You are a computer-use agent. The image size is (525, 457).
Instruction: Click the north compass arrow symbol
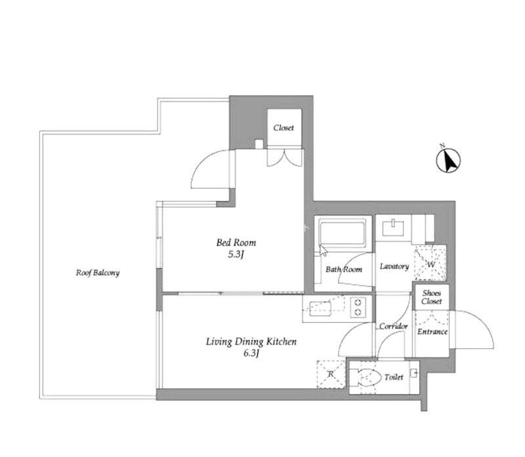click(448, 159)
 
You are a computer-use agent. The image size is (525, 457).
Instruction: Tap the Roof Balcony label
click(97, 273)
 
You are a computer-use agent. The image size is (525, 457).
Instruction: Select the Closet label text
click(283, 127)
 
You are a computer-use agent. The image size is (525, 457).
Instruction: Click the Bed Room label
click(236, 242)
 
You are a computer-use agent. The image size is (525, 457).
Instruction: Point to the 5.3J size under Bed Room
click(236, 254)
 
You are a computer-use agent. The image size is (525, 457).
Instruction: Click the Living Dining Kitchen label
click(251, 342)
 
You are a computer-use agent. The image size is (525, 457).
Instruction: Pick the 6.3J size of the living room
click(251, 353)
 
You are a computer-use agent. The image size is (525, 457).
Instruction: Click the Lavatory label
click(394, 266)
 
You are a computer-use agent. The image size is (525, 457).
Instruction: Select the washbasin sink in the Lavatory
click(393, 228)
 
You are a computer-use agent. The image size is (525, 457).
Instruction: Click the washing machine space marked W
click(430, 263)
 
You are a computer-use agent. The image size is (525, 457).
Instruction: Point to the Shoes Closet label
click(432, 297)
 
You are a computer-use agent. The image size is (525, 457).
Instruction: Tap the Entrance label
click(432, 332)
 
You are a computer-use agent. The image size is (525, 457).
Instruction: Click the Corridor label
click(393, 326)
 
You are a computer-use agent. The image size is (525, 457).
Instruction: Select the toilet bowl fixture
click(366, 378)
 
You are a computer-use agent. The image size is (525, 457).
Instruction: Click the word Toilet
click(394, 378)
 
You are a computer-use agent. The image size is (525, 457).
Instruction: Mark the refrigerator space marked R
click(331, 374)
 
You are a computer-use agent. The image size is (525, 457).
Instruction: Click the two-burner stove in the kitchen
click(358, 307)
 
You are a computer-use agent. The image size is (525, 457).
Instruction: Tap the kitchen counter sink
click(320, 309)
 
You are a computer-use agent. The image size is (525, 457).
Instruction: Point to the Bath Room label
click(344, 269)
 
